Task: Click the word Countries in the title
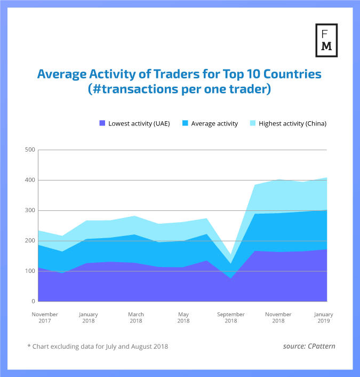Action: click(x=293, y=74)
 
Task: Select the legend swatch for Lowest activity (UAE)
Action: click(x=102, y=123)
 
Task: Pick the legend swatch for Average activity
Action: click(x=185, y=123)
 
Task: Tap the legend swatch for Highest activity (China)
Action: click(x=253, y=123)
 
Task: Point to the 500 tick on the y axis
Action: click(x=30, y=150)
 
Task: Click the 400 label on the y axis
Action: click(x=30, y=180)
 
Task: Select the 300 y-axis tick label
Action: click(x=30, y=210)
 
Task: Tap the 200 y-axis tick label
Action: click(x=30, y=241)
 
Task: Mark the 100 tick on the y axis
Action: click(x=30, y=271)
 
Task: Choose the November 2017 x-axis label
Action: click(x=45, y=318)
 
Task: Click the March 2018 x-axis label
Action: click(x=136, y=318)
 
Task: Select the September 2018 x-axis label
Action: click(x=231, y=318)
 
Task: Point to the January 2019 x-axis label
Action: click(x=324, y=318)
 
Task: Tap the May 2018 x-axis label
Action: click(x=183, y=318)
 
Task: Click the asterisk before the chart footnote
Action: click(x=29, y=347)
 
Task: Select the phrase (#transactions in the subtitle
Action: click(x=131, y=89)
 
